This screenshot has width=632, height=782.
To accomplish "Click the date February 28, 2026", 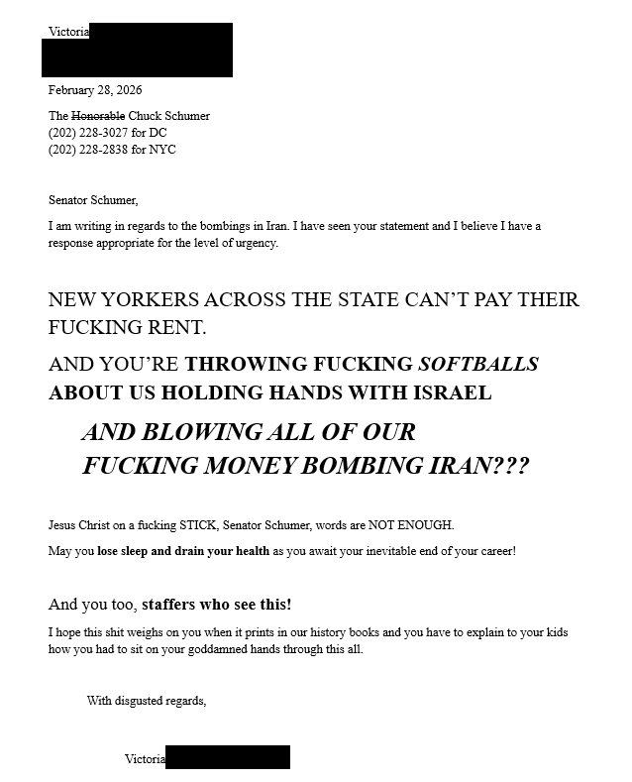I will [x=95, y=90].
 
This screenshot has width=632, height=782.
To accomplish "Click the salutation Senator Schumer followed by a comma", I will [x=93, y=200].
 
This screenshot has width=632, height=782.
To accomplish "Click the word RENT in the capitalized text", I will [x=174, y=327].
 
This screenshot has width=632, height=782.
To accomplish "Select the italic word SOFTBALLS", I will [x=478, y=364].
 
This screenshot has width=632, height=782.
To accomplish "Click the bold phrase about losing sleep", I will [x=183, y=551].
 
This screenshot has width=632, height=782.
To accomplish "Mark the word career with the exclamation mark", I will [x=493, y=551].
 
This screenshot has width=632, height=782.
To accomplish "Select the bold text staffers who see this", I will [x=216, y=605].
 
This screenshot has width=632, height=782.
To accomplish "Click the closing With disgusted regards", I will [x=147, y=701].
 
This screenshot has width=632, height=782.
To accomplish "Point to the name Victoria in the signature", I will [x=145, y=759].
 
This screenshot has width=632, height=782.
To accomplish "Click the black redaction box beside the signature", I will [x=228, y=758].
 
